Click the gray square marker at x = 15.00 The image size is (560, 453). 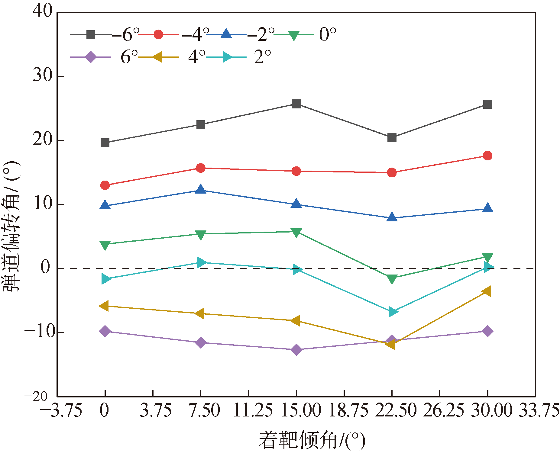pyautogui.click(x=296, y=104)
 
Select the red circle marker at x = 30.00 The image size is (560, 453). pyautogui.click(x=487, y=156)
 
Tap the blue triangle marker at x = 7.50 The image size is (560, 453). pyautogui.click(x=201, y=190)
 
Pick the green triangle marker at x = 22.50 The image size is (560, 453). pyautogui.click(x=392, y=278)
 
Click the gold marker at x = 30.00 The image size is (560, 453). pyautogui.click(x=487, y=291)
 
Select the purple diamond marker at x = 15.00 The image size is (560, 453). pyautogui.click(x=296, y=349)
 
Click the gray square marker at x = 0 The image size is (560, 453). pyautogui.click(x=105, y=143)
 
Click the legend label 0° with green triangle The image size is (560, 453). pyautogui.click(x=305, y=34)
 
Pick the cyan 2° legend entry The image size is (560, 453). pyautogui.click(x=239, y=57)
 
